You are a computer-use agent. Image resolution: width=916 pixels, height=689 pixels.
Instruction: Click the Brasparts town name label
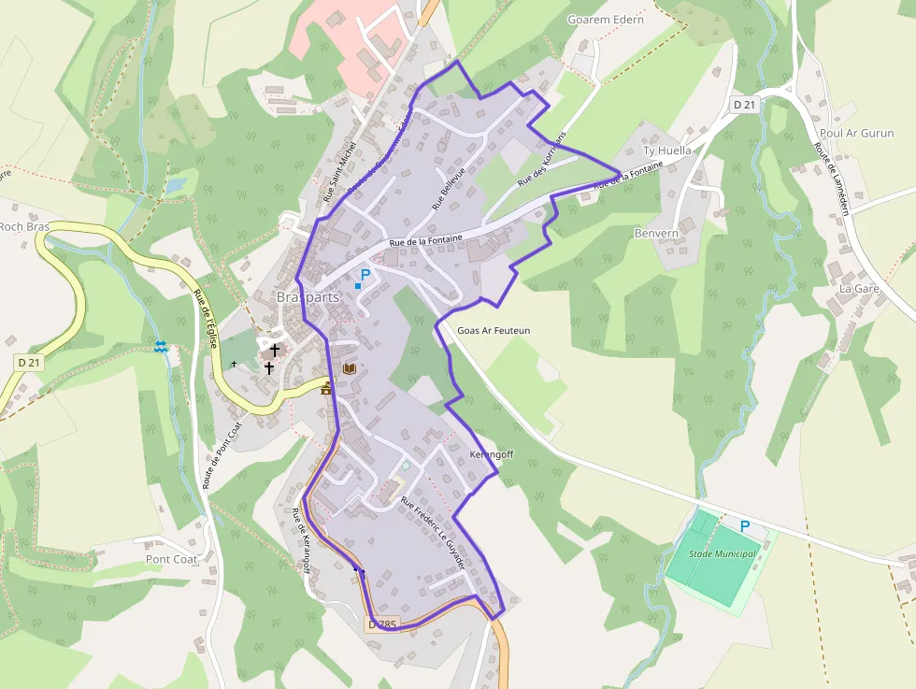tap(308, 297)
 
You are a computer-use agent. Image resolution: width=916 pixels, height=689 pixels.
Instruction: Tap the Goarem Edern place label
tap(606, 20)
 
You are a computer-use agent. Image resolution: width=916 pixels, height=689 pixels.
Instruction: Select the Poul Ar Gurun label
tap(855, 133)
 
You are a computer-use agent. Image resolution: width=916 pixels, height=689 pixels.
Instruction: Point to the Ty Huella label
tap(667, 151)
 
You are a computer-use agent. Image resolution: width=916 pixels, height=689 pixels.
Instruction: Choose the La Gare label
tap(859, 289)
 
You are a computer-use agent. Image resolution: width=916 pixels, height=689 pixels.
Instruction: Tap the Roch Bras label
tap(23, 226)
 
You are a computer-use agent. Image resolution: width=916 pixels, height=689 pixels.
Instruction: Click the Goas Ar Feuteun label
tap(494, 331)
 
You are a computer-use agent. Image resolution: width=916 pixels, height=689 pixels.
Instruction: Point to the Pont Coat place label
tap(171, 559)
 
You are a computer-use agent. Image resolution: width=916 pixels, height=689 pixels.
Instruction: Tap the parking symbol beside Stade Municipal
tap(745, 526)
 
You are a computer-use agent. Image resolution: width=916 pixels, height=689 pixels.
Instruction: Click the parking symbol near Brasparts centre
tap(365, 275)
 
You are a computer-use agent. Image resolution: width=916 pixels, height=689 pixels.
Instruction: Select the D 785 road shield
tap(382, 624)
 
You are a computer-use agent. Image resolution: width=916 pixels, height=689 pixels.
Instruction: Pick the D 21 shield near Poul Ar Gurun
tap(744, 106)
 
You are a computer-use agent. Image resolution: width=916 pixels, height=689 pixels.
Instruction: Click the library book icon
tap(349, 369)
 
